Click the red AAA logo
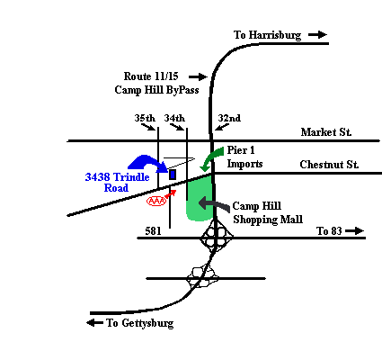156,201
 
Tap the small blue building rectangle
173,175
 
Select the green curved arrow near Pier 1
212,158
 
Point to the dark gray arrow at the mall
214,203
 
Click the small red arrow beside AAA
170,194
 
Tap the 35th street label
145,118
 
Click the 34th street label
174,118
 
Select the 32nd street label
229,118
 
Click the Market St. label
326,132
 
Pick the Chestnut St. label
329,165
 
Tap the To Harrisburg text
267,35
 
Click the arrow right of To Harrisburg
317,35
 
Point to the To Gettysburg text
140,323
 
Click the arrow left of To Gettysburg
94,323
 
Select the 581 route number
153,231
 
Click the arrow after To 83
354,231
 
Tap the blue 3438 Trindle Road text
117,183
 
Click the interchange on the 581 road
216,237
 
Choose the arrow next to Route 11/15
198,77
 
